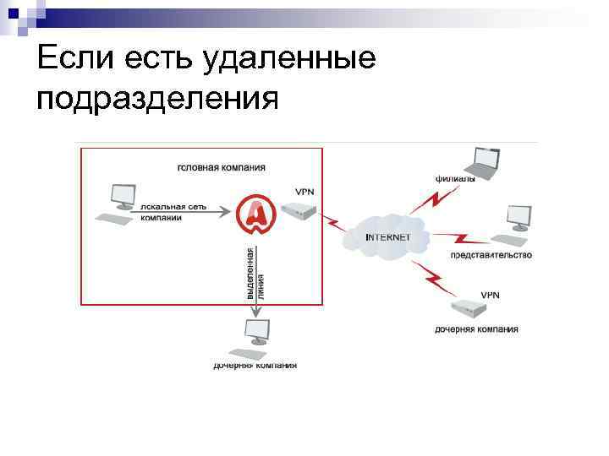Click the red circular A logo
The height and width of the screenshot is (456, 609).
click(x=255, y=214)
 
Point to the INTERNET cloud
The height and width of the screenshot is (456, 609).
click(x=387, y=236)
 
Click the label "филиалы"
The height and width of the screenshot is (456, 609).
click(x=455, y=179)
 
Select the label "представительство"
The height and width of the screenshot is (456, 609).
click(x=491, y=255)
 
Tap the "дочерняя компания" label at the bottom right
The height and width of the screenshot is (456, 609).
click(x=476, y=329)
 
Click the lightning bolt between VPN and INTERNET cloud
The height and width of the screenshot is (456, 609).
click(x=336, y=225)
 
